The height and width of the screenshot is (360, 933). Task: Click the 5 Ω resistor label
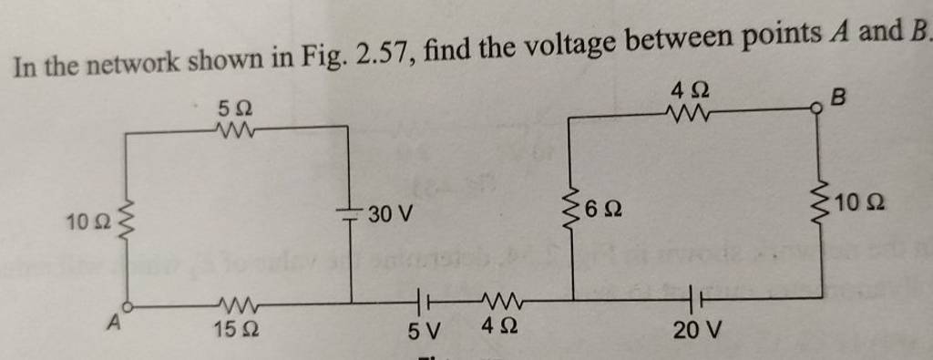tap(234, 108)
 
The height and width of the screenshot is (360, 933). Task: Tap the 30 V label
tap(389, 215)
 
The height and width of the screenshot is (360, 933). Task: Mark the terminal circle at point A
tap(128, 308)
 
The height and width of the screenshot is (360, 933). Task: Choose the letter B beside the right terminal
tap(838, 95)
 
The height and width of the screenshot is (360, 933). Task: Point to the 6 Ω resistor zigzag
tap(573, 211)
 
